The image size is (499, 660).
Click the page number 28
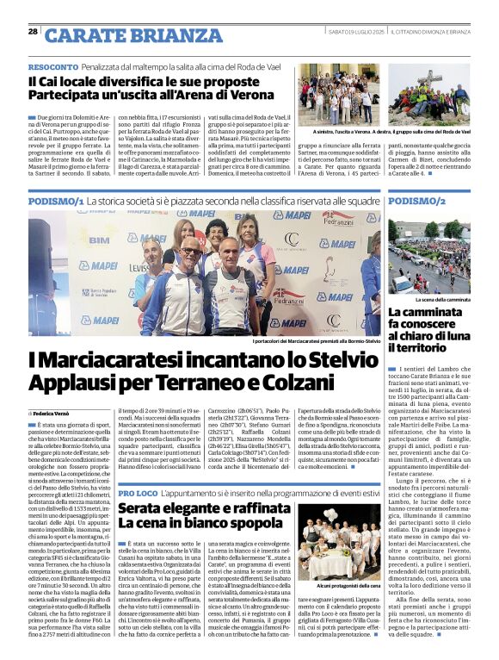pos(33,32)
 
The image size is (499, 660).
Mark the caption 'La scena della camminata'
pos(440,299)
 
